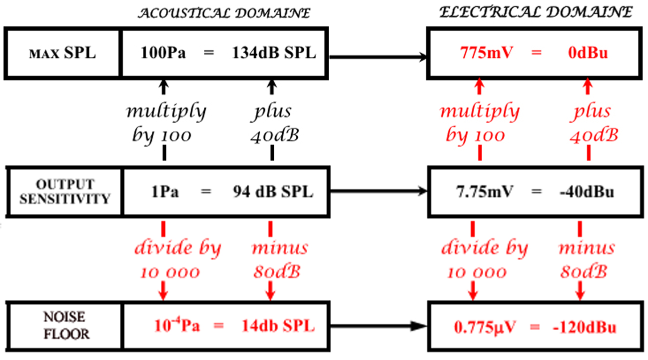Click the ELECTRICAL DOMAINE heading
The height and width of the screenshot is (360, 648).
click(x=536, y=13)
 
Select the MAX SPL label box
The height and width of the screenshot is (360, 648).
click(x=62, y=53)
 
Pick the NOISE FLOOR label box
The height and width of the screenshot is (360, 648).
click(x=63, y=325)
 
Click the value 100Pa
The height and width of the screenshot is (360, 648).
click(x=163, y=53)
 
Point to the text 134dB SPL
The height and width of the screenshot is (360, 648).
click(x=274, y=53)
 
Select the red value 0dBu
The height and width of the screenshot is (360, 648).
click(x=589, y=53)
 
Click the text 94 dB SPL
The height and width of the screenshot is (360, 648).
click(x=273, y=192)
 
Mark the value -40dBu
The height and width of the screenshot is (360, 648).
click(x=587, y=192)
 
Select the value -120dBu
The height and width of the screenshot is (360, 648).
click(x=585, y=328)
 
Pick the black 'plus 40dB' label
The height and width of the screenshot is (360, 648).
click(x=273, y=123)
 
